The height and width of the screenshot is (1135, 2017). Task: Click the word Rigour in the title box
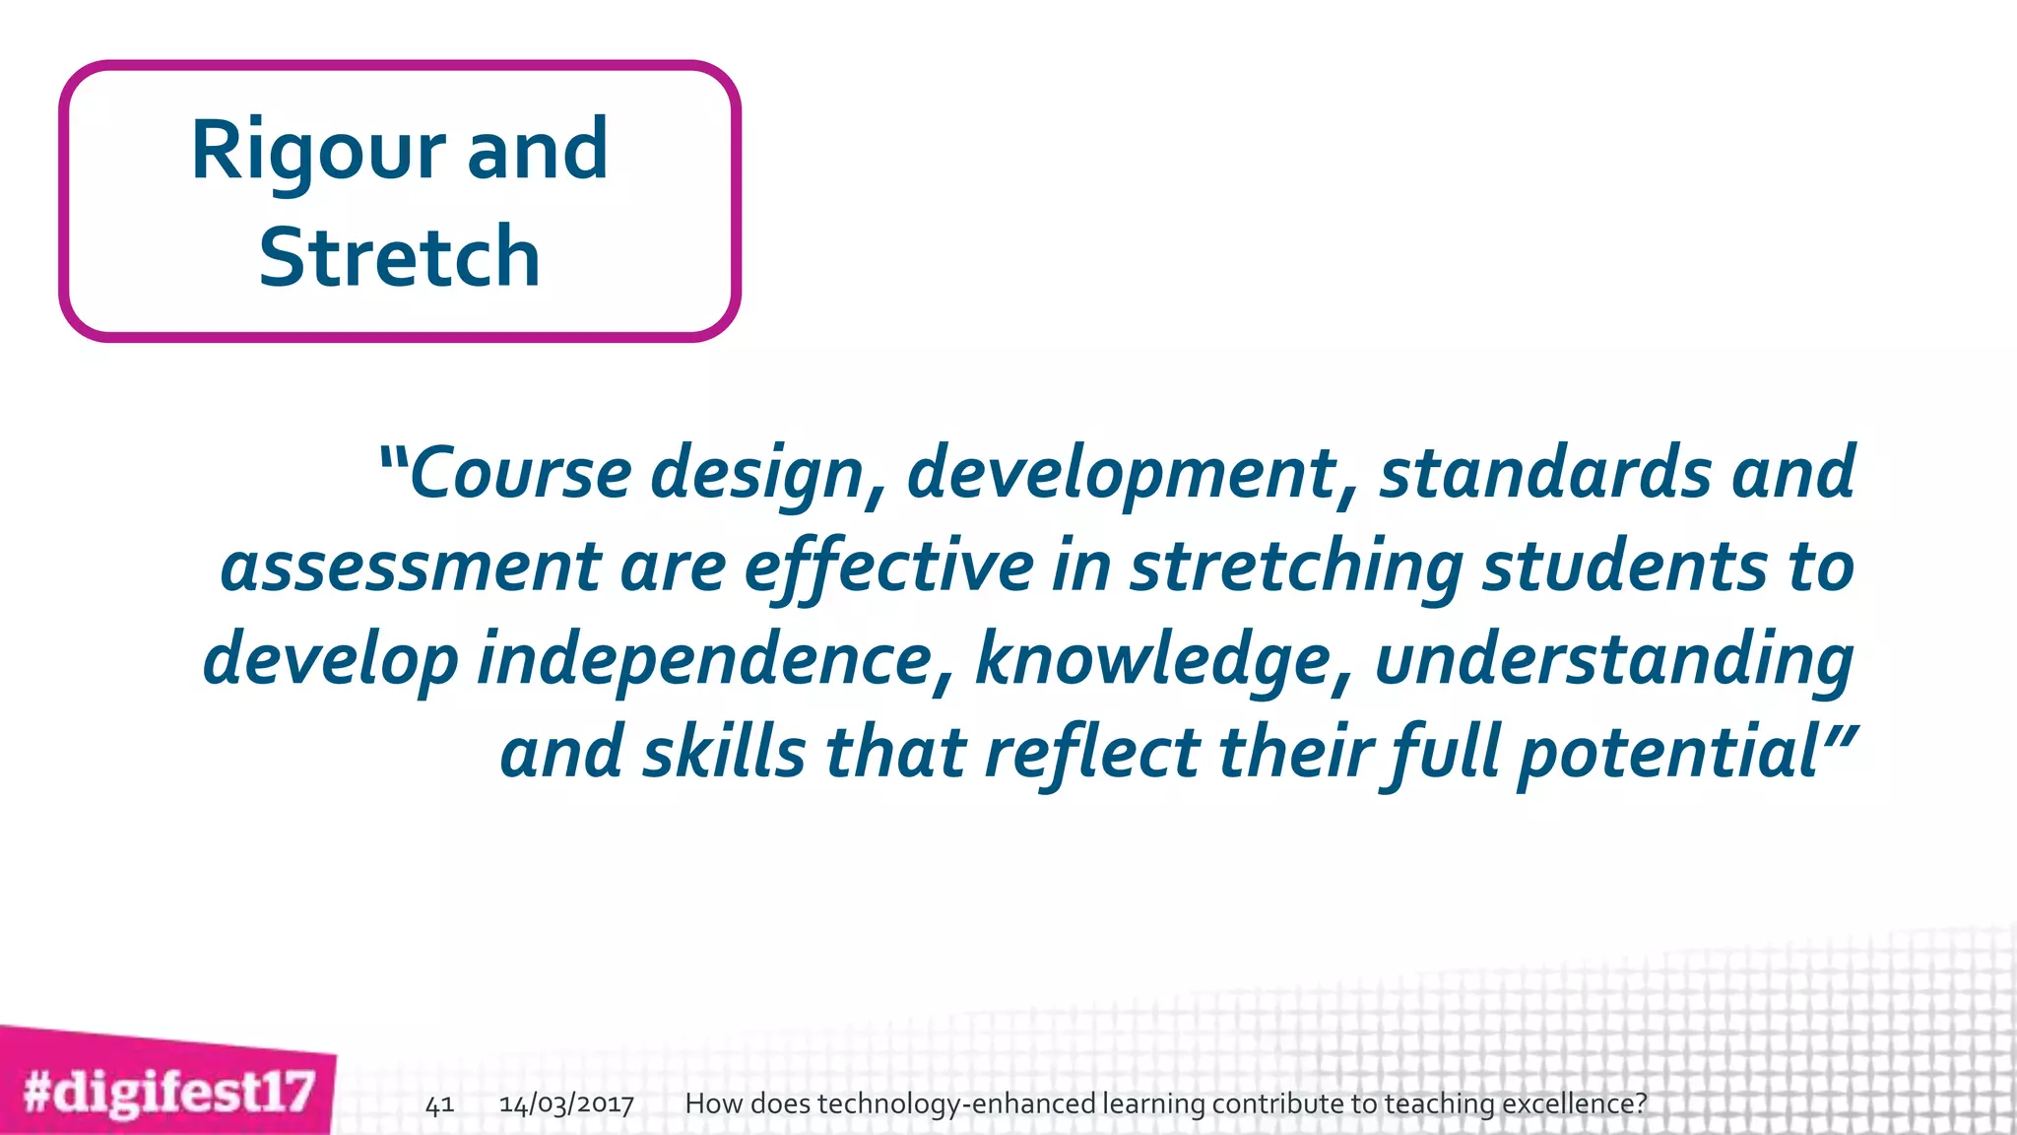[x=317, y=151]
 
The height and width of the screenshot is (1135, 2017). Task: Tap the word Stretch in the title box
[x=399, y=257]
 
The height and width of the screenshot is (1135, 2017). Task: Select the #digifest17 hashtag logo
[x=168, y=1092]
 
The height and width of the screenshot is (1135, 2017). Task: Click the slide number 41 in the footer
[x=439, y=1104]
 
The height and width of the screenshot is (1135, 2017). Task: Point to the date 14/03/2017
[x=566, y=1104]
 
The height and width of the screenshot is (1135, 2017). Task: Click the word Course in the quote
[x=519, y=473]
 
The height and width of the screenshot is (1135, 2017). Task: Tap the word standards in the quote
[x=1545, y=473]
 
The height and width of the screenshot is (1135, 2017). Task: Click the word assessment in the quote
[x=410, y=567]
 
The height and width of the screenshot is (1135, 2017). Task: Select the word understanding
[x=1614, y=660]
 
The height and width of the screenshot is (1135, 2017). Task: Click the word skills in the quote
[x=724, y=753]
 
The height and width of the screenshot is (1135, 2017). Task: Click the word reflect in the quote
[x=1092, y=753]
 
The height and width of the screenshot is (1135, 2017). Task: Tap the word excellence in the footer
[x=1574, y=1104]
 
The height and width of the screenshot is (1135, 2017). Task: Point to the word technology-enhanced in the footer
[x=956, y=1104]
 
